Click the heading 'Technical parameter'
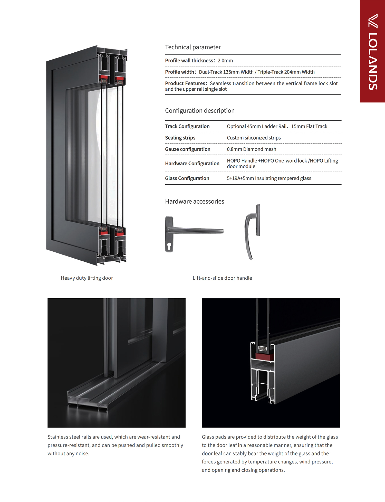point(193,47)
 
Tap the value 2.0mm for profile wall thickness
point(225,61)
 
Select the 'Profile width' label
point(180,72)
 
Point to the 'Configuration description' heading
point(200,111)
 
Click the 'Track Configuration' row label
point(187,126)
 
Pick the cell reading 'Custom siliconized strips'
point(254,138)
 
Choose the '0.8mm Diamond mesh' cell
point(251,149)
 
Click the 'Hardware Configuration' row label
point(192,164)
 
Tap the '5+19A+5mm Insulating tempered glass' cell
point(269,178)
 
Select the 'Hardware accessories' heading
point(195,202)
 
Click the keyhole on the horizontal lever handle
point(169,246)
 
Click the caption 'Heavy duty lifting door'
point(87,278)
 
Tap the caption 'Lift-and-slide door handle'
point(222,278)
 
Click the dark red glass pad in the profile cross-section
point(263,356)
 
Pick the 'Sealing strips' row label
point(180,138)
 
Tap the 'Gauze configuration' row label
point(187,149)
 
